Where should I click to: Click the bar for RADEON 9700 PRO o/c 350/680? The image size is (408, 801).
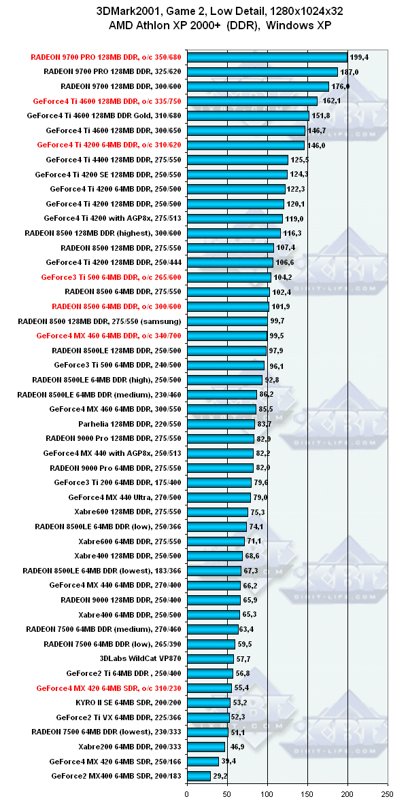pos(267,57)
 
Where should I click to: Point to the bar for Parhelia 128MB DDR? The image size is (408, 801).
pos(220,424)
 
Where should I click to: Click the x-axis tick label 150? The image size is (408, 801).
pos(307,792)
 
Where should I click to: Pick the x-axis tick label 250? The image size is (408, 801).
pos(388,792)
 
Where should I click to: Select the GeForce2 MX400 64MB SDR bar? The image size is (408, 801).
pos(199,776)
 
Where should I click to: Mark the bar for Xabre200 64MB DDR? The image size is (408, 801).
pos(205,747)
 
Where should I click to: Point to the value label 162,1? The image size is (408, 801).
pos(331,101)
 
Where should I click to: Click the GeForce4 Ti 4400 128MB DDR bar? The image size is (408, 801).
pos(237,160)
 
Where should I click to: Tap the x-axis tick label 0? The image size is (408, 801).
pos(187,792)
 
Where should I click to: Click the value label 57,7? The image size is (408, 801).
pos(243,658)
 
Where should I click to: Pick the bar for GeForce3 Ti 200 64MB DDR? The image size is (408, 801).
pos(219,482)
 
